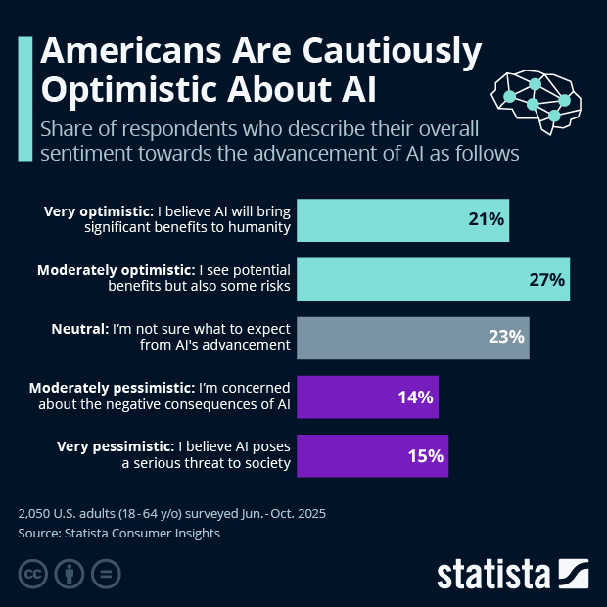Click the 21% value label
[487, 220]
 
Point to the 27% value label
[546, 279]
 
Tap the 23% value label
[507, 338]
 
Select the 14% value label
[415, 397]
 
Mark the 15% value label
[426, 455]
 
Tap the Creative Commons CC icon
[34, 573]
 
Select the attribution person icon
[70, 573]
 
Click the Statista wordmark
[494, 572]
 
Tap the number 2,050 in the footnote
[37, 513]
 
